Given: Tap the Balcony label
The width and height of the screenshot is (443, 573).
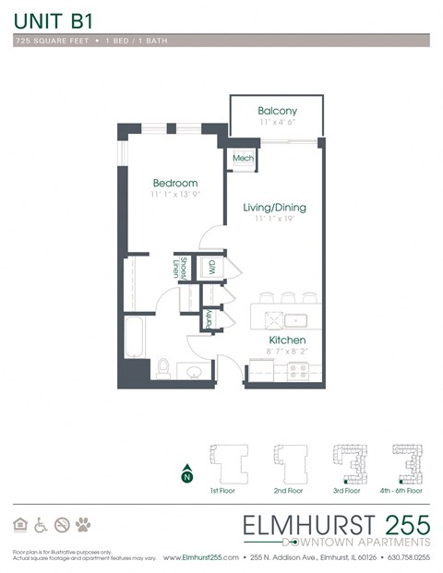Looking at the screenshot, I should click(276, 110).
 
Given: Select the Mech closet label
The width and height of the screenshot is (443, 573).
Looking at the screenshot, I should click(243, 159).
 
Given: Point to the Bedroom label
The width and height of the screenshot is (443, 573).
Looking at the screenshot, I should click(175, 184).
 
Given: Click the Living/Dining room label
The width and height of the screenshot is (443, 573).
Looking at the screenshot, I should click(274, 208).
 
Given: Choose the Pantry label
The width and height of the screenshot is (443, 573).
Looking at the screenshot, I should click(210, 318).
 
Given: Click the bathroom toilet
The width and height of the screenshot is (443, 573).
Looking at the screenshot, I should click(162, 368).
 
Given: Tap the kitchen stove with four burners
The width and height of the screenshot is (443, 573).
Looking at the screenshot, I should click(299, 371).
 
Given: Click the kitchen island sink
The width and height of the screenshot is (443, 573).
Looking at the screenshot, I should click(293, 320).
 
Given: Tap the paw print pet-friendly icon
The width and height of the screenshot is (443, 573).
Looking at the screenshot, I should click(84, 524).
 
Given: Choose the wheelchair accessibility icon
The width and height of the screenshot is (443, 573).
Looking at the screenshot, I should click(41, 524).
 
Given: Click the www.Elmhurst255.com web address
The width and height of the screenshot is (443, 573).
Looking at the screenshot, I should click(201, 558).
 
